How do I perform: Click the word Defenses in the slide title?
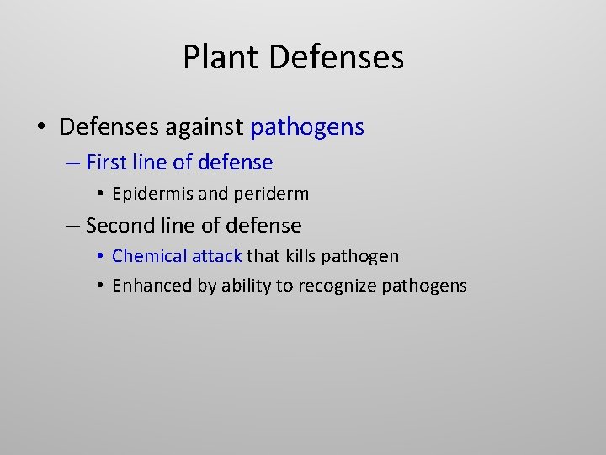click(337, 57)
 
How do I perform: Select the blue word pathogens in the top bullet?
click(307, 127)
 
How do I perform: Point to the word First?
click(105, 162)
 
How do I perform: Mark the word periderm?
click(271, 194)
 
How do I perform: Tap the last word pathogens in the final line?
click(424, 286)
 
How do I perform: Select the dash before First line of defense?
click(73, 162)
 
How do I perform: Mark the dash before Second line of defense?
click(73, 226)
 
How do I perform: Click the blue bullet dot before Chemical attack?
click(100, 256)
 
